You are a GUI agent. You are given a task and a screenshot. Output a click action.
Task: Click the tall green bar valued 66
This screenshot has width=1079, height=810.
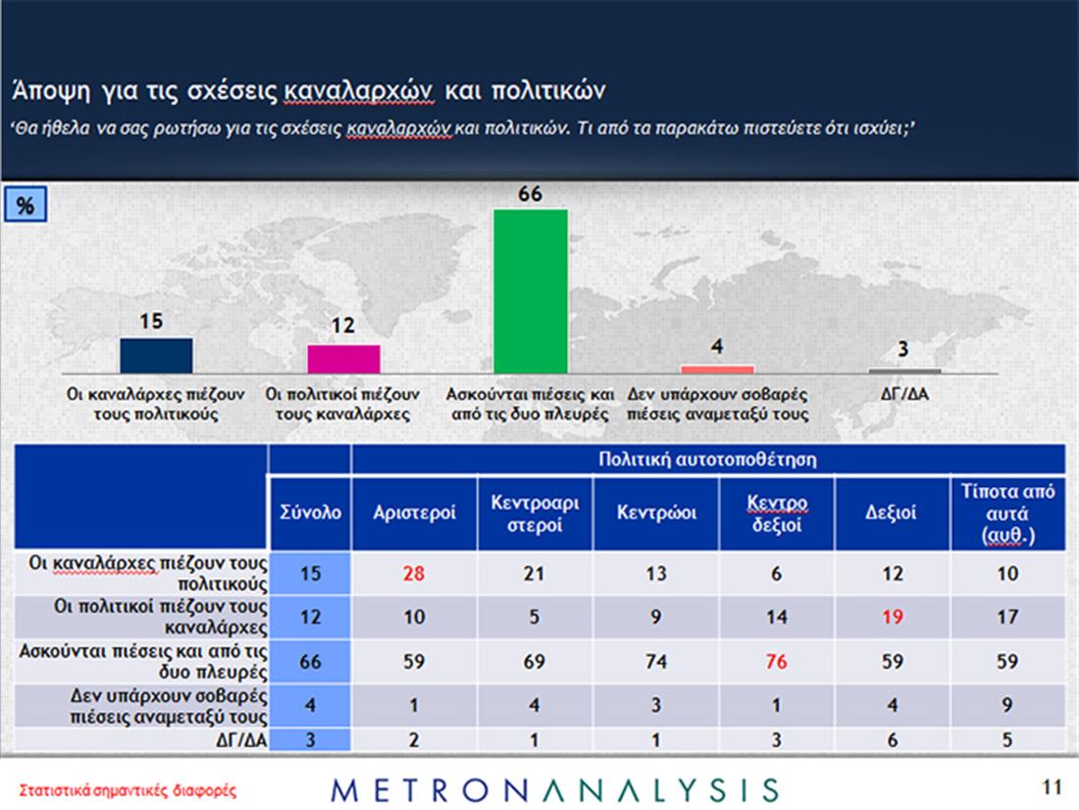[x=530, y=291]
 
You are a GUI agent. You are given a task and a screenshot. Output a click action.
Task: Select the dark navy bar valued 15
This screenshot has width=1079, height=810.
[x=156, y=355]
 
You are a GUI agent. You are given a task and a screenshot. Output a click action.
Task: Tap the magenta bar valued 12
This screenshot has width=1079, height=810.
[x=343, y=358]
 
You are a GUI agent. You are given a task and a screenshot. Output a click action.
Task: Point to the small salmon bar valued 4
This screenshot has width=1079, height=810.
[x=717, y=369]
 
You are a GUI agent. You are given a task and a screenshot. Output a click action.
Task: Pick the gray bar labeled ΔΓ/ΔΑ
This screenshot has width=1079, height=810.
[x=904, y=370]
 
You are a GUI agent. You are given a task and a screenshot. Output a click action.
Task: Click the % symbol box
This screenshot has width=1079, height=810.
[x=26, y=206]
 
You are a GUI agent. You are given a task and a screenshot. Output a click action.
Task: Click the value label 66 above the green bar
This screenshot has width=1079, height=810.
[x=530, y=194]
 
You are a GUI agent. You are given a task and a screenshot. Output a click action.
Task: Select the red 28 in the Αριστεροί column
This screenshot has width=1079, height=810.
[x=413, y=573]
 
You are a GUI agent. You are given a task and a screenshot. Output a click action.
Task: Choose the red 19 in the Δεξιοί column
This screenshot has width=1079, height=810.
[x=892, y=618]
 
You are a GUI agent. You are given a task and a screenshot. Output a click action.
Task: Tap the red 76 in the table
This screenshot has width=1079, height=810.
[x=776, y=662]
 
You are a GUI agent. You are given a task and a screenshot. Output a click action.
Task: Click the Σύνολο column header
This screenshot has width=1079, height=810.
[x=310, y=513]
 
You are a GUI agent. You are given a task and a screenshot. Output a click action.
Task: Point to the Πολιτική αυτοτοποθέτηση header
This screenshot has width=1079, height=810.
[x=707, y=459]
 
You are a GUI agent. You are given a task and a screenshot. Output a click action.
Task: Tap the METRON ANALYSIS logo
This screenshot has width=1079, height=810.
[x=555, y=789]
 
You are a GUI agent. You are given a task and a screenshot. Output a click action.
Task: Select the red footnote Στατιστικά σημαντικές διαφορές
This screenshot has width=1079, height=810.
[x=128, y=789]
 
